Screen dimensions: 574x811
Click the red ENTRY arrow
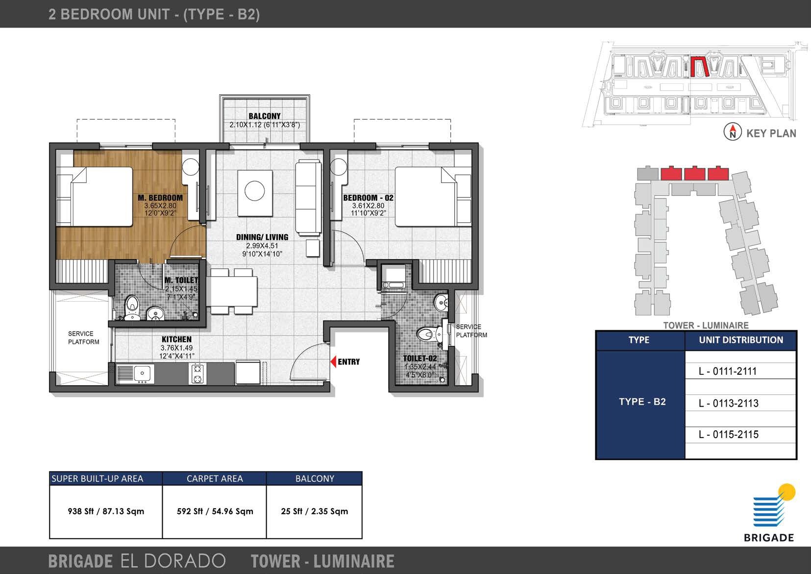point(333,362)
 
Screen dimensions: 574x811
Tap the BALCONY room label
point(264,116)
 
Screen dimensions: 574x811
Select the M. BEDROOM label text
point(160,198)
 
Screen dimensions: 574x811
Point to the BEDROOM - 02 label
point(368,198)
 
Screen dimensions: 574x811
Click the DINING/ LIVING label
point(262,237)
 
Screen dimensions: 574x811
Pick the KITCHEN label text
point(176,339)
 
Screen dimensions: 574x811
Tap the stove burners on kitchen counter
point(197,374)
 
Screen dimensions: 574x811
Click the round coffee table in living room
point(255,191)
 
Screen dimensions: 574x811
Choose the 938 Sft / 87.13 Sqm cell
point(106,511)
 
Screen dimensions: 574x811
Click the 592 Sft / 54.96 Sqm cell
point(215,511)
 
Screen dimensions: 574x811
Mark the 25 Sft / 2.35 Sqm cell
point(314,511)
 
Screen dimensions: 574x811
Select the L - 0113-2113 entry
point(728,403)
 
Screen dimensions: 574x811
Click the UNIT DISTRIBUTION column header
point(740,340)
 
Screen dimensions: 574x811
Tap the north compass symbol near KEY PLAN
point(733,132)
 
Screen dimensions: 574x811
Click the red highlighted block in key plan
point(699,67)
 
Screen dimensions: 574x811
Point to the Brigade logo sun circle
point(787,492)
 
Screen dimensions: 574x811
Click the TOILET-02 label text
point(419,358)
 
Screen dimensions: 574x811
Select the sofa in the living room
point(308,197)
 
